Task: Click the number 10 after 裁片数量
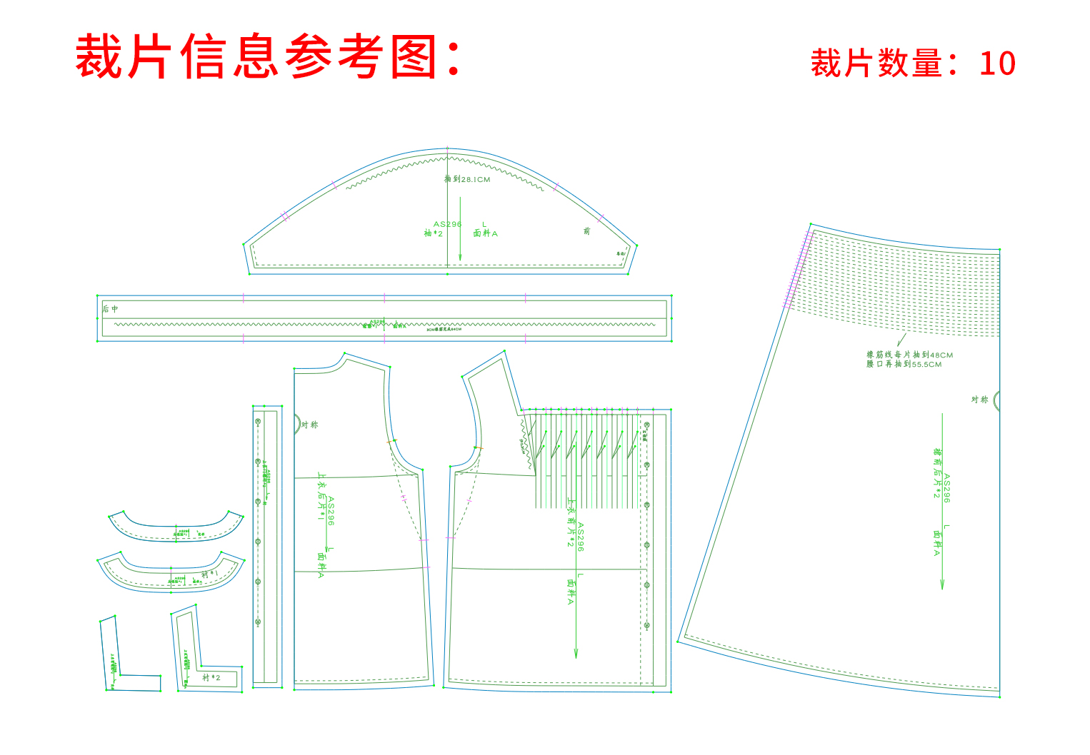point(997,64)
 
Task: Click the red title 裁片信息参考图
point(268,57)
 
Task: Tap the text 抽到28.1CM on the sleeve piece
point(468,179)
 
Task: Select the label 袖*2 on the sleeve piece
point(434,233)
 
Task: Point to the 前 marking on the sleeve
point(586,231)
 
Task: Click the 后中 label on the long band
point(110,309)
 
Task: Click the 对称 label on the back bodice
point(310,425)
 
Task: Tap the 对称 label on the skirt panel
point(979,400)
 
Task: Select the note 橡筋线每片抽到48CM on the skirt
point(909,355)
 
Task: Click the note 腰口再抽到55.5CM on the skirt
point(904,364)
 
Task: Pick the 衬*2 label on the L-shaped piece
point(211,677)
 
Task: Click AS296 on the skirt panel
point(947,488)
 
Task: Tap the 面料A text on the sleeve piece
point(486,233)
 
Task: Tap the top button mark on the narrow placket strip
point(258,422)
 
